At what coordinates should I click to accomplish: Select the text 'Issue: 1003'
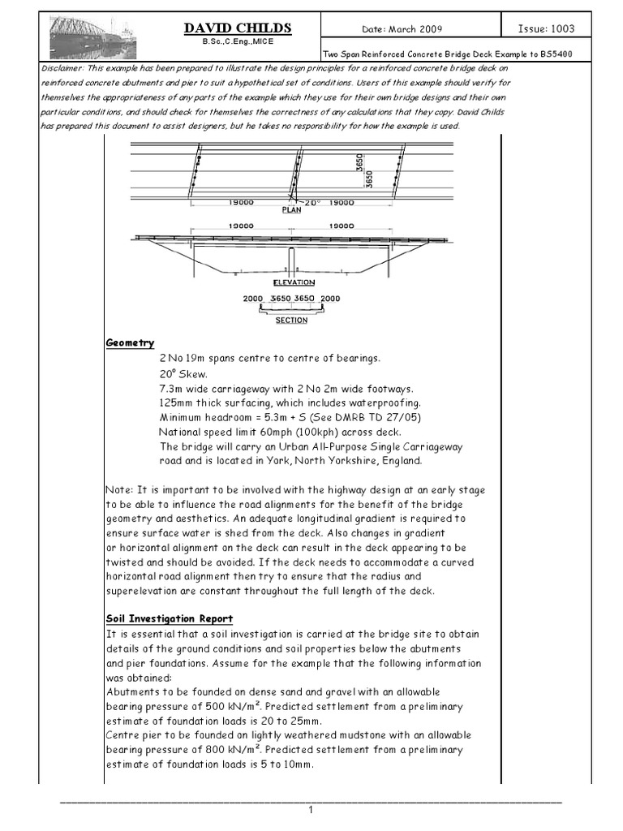coord(547,29)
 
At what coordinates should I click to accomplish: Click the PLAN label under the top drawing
coord(291,209)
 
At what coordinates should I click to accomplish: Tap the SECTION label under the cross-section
coord(291,321)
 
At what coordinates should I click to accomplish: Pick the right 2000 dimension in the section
coord(331,299)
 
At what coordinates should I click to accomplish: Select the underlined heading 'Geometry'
coord(130,343)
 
